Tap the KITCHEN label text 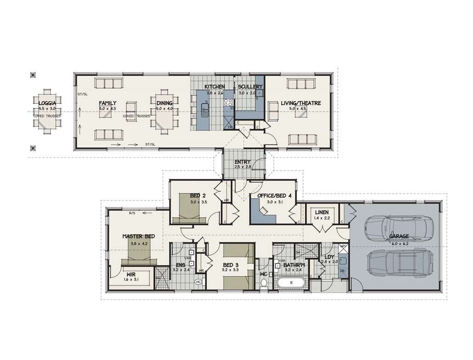pyautogui.click(x=214, y=87)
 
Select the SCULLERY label pyautogui.click(x=250, y=87)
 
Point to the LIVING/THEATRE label pyautogui.click(x=300, y=103)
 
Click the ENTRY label pyautogui.click(x=242, y=162)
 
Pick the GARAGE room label pyautogui.click(x=399, y=236)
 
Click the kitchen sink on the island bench pyautogui.click(x=205, y=108)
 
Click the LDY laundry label pyautogui.click(x=329, y=257)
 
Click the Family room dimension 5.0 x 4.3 pyautogui.click(x=107, y=109)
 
